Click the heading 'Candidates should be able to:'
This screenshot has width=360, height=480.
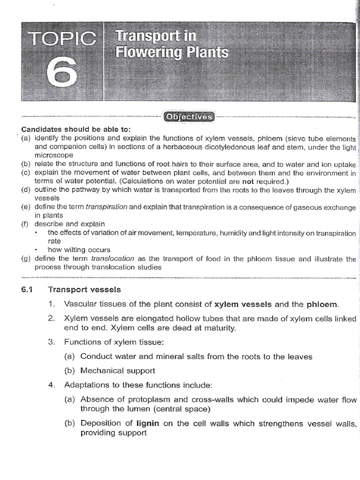coord(75,129)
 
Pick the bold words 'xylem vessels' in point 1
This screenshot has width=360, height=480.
coord(243,304)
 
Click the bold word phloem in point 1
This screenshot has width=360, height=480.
coord(322,304)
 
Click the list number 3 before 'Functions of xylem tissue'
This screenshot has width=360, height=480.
coord(52,342)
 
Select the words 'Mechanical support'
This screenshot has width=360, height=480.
coord(118,370)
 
